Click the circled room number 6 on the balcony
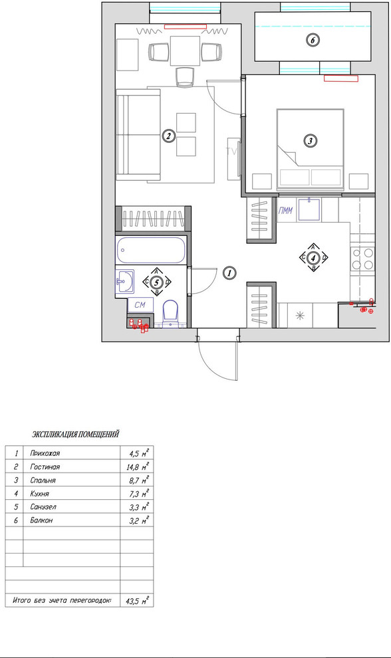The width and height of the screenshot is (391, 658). point(313,40)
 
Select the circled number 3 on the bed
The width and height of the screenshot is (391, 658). point(310,140)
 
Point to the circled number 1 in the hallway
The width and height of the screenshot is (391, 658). point(228,273)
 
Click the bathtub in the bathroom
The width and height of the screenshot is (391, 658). point(152,251)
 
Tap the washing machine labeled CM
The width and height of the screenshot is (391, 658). point(140,304)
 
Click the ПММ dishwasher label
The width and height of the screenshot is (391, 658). point(287,211)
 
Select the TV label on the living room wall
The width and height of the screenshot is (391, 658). point(232,152)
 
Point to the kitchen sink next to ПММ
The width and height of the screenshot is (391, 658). point(310,211)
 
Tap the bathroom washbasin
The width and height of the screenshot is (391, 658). point(124,282)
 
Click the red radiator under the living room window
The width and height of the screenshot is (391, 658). point(186,27)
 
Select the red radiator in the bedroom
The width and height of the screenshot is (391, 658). point(341,78)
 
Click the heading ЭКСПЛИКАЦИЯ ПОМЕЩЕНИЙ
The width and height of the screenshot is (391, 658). point(76,435)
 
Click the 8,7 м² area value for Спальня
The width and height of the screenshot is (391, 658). point(136,480)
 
